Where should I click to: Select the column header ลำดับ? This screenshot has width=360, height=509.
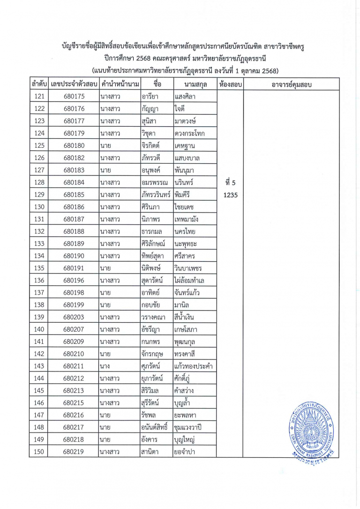coord(39,85)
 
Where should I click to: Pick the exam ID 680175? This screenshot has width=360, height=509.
coord(74,97)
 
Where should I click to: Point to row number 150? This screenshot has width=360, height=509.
coord(39,452)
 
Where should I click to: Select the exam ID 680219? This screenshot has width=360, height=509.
coord(74,452)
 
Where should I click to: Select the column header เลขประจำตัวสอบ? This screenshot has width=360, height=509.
coord(74,85)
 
